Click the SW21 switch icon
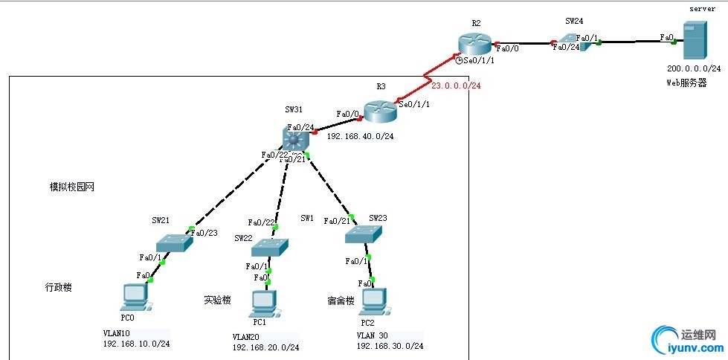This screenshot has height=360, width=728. [x=175, y=242]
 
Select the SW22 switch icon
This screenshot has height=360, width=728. [x=270, y=247]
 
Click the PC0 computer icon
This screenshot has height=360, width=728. [x=135, y=297]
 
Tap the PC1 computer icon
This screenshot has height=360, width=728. [x=263, y=301]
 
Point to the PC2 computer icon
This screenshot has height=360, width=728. [x=373, y=300]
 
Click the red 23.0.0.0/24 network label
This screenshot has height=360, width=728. [x=456, y=86]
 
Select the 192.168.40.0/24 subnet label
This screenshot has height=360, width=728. [x=361, y=136]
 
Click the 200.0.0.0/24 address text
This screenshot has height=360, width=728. [x=692, y=67]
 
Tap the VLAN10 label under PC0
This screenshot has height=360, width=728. [x=117, y=333]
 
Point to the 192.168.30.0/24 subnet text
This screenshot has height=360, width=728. [x=390, y=346]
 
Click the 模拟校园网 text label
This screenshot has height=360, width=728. [x=72, y=187]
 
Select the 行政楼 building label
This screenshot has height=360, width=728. [x=59, y=287]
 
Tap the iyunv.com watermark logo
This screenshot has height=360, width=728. [x=686, y=341]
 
